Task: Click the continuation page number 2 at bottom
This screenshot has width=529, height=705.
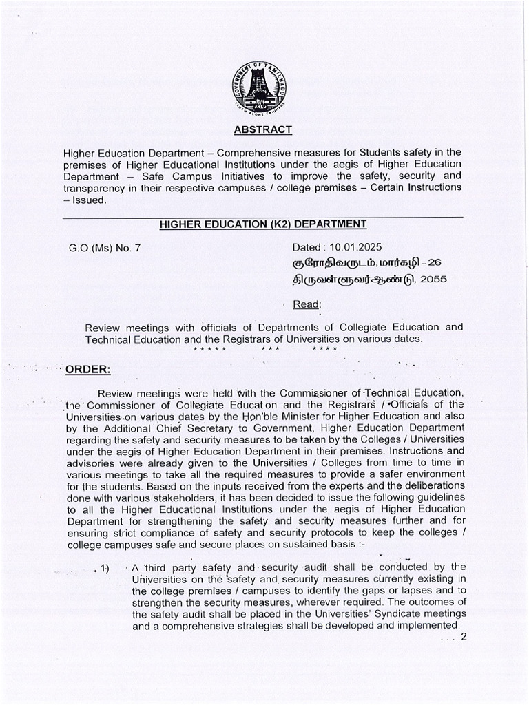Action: pyautogui.click(x=464, y=637)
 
